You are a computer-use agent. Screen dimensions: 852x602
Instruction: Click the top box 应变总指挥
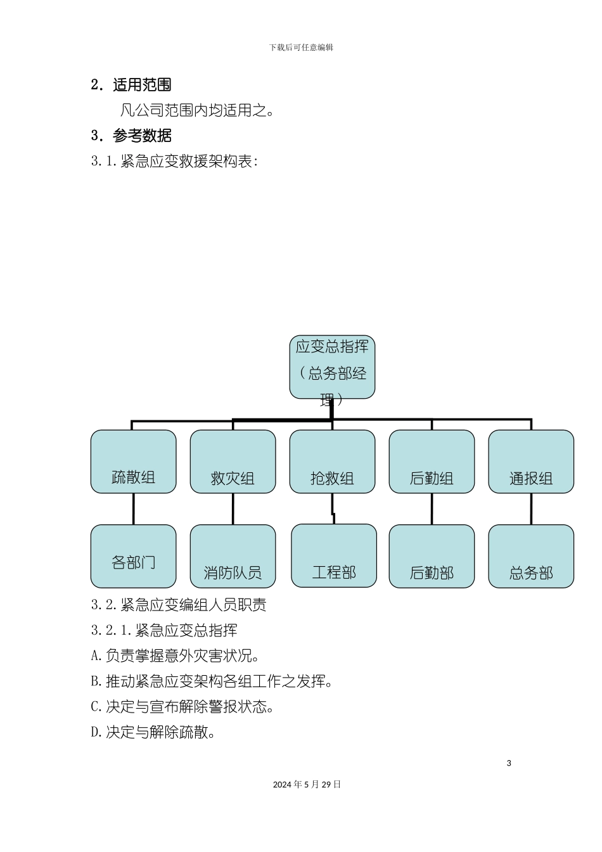(x=332, y=367)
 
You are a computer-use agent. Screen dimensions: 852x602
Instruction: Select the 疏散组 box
(x=133, y=461)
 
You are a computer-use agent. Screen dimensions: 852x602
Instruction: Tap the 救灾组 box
(x=233, y=461)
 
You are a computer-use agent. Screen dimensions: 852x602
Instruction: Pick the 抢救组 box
(x=332, y=461)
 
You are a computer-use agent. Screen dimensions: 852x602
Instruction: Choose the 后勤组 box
(x=432, y=461)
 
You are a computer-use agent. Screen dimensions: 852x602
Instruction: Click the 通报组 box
(x=531, y=461)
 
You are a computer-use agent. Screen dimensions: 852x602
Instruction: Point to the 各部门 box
(x=133, y=556)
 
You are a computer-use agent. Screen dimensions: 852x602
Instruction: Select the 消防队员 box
(x=233, y=556)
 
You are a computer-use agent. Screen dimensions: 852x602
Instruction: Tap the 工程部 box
(x=334, y=555)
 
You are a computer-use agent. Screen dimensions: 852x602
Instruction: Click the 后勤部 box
(x=432, y=556)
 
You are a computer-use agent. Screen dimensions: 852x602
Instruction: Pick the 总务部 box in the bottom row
(x=531, y=556)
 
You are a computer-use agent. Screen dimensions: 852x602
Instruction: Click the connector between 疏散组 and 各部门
(x=133, y=509)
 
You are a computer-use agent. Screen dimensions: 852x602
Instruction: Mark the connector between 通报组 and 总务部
(x=531, y=509)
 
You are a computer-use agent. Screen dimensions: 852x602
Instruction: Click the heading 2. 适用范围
(x=131, y=85)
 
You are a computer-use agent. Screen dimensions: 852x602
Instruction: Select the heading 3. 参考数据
(x=131, y=136)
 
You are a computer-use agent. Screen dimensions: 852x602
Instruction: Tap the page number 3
(x=509, y=763)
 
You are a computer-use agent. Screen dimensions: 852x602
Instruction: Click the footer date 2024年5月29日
(x=307, y=784)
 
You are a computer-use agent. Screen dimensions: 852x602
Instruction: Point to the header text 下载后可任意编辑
(x=301, y=47)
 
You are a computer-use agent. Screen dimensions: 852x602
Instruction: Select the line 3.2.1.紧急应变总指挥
(x=165, y=630)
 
